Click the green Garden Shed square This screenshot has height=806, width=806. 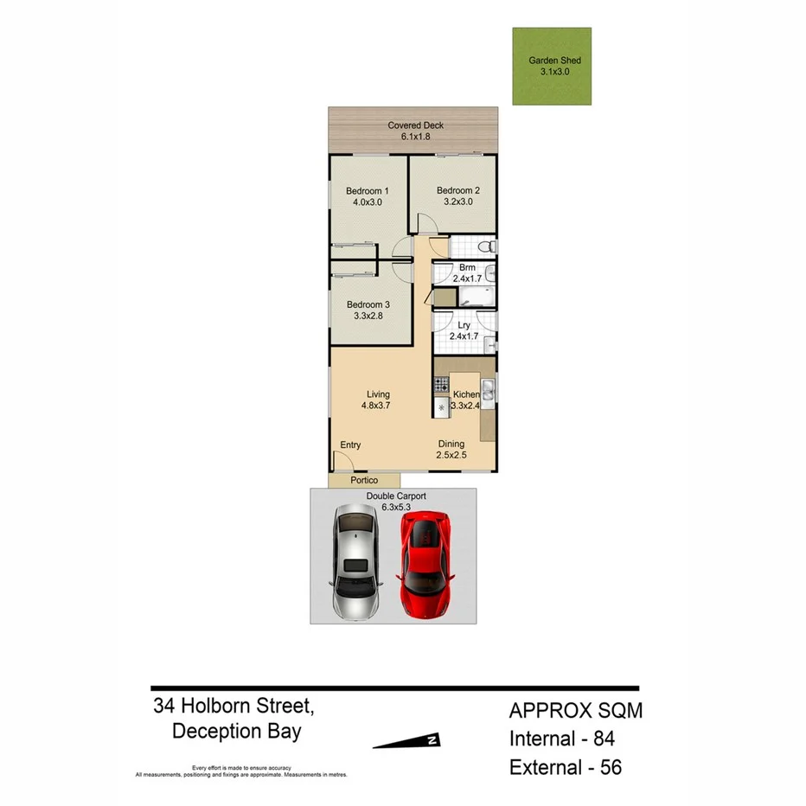552,67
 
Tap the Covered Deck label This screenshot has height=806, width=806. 415,125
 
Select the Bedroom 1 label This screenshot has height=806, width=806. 367,190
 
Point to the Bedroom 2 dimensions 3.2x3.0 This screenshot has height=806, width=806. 457,202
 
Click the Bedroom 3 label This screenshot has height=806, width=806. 368,304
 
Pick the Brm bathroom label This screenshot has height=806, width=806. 467,267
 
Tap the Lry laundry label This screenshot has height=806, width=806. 464,325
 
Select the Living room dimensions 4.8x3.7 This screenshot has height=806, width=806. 377,406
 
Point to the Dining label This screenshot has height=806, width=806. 450,445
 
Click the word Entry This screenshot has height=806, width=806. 350,445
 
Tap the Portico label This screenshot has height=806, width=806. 364,480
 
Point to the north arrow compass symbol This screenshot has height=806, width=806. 407,740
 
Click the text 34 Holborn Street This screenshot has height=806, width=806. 233,706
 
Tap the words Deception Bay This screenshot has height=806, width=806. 236,732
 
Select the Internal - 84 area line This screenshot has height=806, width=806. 561,739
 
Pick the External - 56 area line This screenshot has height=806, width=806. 566,767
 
